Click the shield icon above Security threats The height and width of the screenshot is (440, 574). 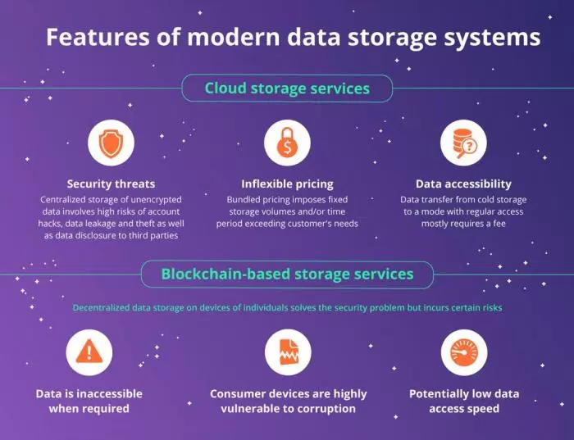click(x=111, y=144)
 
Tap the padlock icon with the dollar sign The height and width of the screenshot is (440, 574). click(x=287, y=144)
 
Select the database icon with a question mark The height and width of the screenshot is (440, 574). click(x=463, y=144)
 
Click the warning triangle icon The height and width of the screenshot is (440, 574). click(x=89, y=352)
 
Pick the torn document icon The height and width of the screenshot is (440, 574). click(x=288, y=352)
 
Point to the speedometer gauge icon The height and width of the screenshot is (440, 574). click(x=465, y=352)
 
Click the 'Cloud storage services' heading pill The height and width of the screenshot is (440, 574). click(x=287, y=88)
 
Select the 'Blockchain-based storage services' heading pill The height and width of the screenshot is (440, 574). click(x=287, y=274)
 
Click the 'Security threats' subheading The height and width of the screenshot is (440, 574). click(x=111, y=184)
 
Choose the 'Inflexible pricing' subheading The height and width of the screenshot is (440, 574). click(x=287, y=184)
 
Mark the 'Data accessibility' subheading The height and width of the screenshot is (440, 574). click(x=463, y=184)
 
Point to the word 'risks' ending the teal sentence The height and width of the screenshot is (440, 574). click(x=490, y=308)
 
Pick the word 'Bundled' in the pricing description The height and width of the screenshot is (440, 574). click(x=244, y=200)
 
